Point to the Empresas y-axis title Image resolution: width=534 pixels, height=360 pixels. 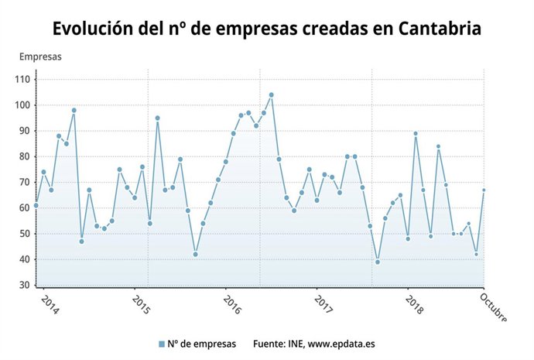[40, 57]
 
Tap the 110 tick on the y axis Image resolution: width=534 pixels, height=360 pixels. [22, 79]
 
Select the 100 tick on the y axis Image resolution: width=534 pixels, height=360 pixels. [22, 105]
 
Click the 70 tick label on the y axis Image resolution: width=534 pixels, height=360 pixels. [24, 182]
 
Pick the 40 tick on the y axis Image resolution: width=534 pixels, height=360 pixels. [24, 259]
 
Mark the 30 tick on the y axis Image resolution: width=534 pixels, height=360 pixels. [24, 285]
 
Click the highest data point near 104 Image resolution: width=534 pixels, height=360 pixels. [271, 95]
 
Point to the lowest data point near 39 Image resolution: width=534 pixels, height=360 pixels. [378, 262]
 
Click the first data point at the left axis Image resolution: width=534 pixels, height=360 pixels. [36, 205]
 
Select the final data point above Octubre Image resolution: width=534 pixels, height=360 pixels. [484, 190]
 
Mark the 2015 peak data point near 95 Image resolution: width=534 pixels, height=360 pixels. [157, 118]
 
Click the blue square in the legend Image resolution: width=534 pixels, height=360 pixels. [162, 344]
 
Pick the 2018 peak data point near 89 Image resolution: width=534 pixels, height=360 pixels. [416, 133]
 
